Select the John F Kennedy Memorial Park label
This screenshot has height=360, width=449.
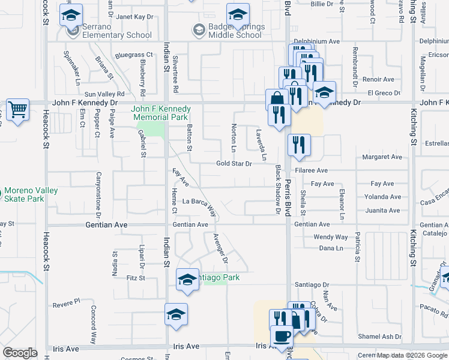pos(161,113)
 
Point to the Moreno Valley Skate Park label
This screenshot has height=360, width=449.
pos(31,194)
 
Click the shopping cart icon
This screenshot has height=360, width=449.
pos(17,110)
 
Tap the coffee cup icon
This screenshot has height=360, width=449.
pos(282,336)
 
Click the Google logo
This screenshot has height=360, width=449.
pos(20,353)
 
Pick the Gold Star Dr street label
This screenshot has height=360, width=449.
pos(234,163)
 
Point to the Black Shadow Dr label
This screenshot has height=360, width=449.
pos(278,190)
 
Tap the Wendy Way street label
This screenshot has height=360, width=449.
pos(331,237)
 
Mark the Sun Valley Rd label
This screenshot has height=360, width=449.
pos(104,94)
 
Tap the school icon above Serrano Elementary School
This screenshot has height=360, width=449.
pos(71,15)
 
